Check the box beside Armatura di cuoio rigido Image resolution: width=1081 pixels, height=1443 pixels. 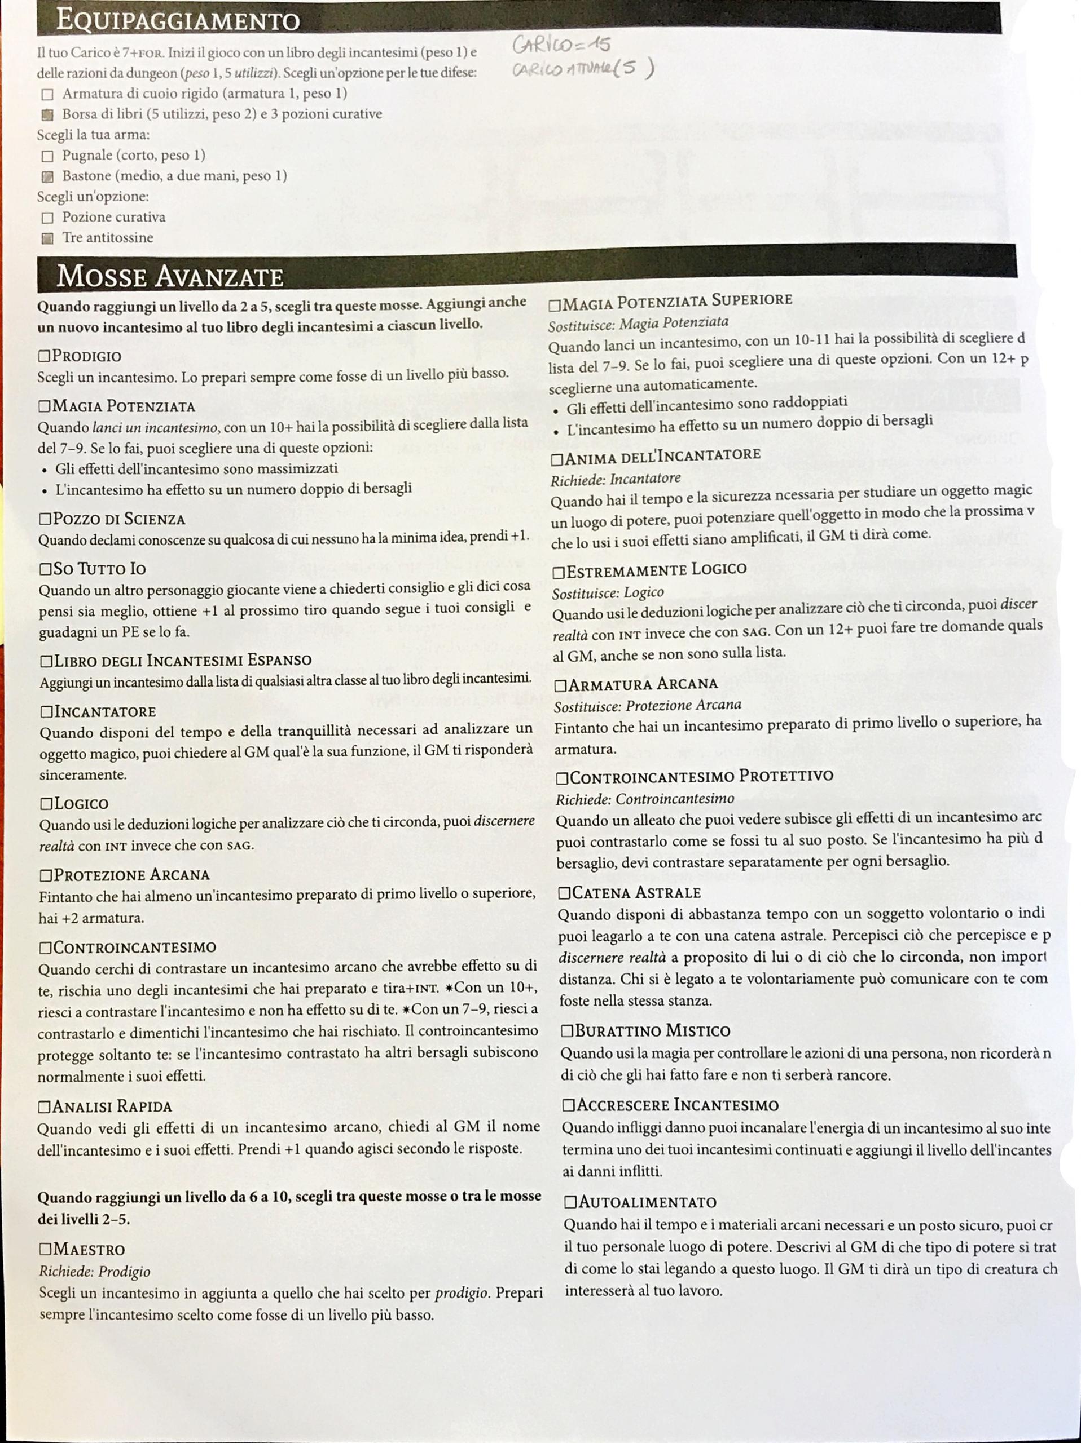click(x=47, y=95)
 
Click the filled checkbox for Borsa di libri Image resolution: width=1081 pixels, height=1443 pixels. click(x=47, y=115)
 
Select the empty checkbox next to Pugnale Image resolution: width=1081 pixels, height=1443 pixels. click(x=47, y=156)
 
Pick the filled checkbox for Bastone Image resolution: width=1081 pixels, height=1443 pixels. click(x=47, y=177)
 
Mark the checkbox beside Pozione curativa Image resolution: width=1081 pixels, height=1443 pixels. click(x=47, y=218)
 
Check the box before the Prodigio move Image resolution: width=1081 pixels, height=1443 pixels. click(x=45, y=356)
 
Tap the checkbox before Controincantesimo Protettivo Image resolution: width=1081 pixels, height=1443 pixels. click(x=563, y=778)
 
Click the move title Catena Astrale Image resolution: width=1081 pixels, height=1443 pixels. click(x=636, y=892)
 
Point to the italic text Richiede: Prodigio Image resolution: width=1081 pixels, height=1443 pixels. click(x=95, y=1272)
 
